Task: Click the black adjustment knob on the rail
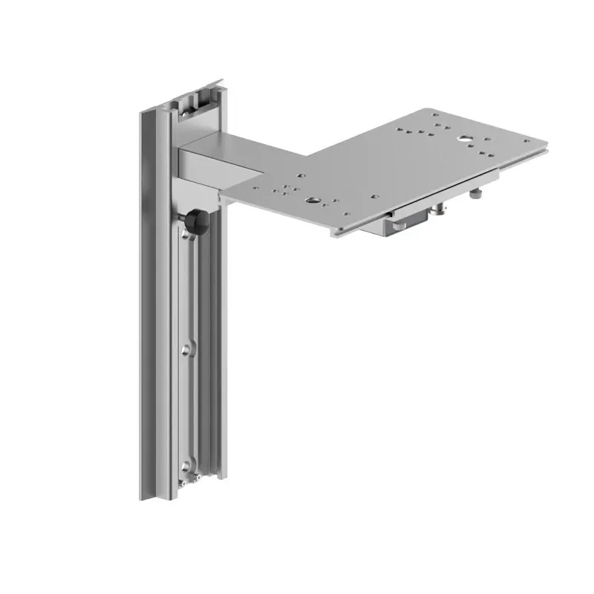point(195,221)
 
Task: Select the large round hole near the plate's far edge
point(463,138)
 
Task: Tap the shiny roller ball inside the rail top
point(195,107)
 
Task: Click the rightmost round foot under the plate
point(476,195)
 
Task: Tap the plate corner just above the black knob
point(222,200)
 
